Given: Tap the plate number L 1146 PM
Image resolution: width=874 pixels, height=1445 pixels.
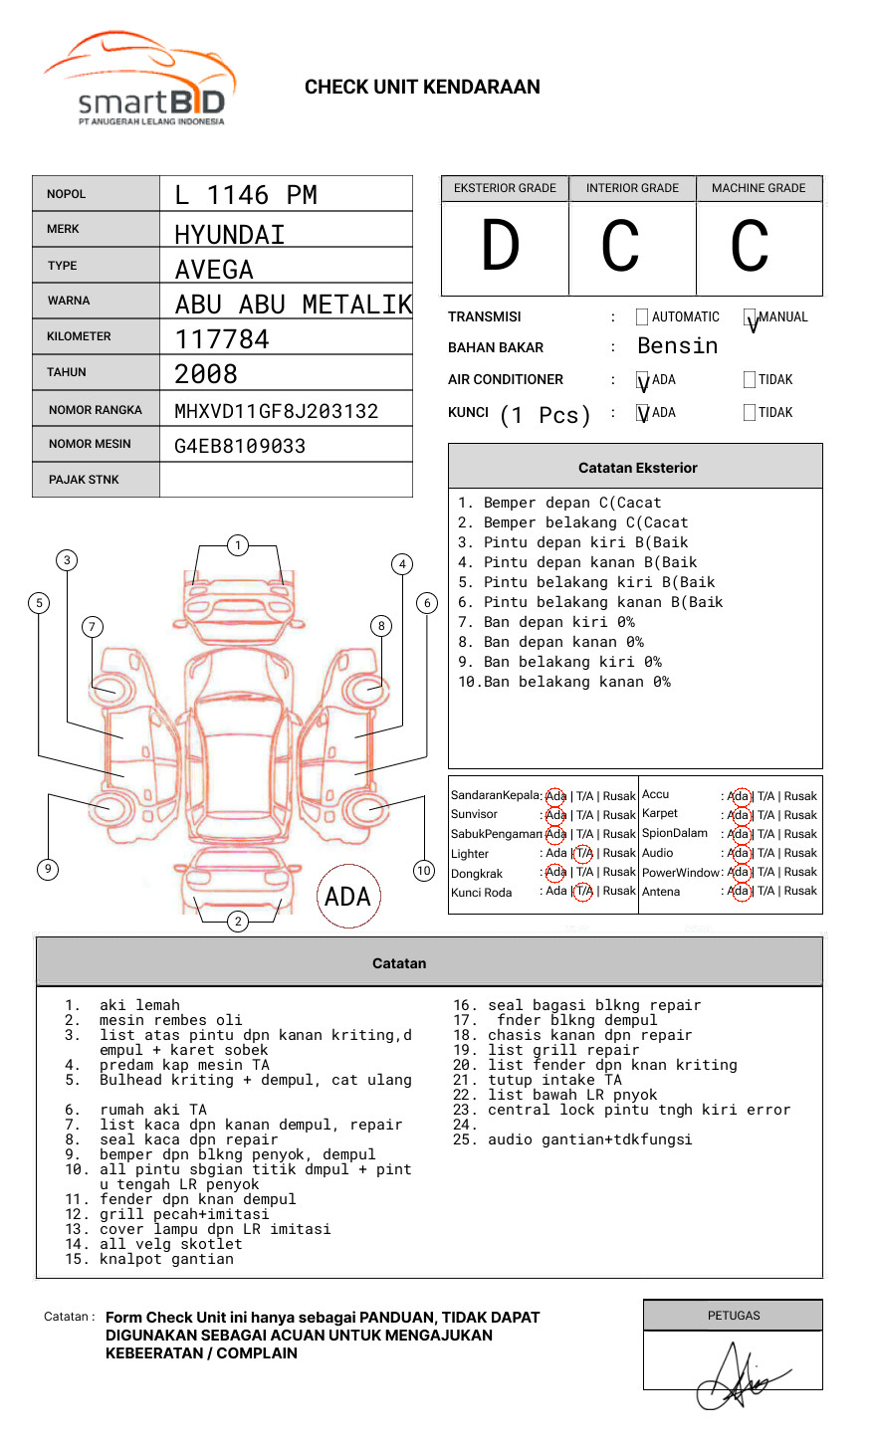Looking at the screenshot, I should (x=246, y=195).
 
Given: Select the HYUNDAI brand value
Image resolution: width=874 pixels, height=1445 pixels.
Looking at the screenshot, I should (x=230, y=235).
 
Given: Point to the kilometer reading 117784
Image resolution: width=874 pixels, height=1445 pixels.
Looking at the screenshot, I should (x=222, y=339).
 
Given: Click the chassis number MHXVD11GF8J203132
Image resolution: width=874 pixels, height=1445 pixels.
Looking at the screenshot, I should (x=276, y=411).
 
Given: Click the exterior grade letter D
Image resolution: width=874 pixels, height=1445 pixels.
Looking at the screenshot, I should (x=501, y=247).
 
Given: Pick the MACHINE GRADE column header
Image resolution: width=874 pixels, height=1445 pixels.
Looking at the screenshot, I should (x=759, y=188).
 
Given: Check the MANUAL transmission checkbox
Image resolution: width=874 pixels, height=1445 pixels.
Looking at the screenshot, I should (x=750, y=317).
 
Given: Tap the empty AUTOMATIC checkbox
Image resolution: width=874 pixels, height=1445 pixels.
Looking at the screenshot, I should (x=642, y=317).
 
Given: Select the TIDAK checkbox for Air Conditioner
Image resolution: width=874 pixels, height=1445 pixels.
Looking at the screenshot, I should (x=750, y=380).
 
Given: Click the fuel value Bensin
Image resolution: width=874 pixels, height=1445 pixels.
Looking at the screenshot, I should (x=677, y=346).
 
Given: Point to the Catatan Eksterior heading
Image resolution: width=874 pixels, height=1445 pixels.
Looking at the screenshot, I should (x=637, y=468).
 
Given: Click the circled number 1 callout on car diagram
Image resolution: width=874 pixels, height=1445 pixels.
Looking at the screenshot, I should (x=237, y=545).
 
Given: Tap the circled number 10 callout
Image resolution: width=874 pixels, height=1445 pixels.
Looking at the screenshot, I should (x=424, y=871).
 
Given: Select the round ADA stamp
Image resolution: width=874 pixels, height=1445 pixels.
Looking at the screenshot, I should (x=347, y=897).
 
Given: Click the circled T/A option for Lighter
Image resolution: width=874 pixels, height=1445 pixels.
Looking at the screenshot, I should (x=583, y=853).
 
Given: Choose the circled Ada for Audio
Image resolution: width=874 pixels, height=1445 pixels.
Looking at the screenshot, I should (x=740, y=853).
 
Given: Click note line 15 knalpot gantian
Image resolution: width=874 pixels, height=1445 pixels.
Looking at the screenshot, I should (x=166, y=1259).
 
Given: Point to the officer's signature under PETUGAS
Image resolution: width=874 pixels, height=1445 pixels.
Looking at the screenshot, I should (x=739, y=1378).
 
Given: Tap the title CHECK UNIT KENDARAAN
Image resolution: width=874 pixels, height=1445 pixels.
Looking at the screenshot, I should (x=422, y=88).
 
